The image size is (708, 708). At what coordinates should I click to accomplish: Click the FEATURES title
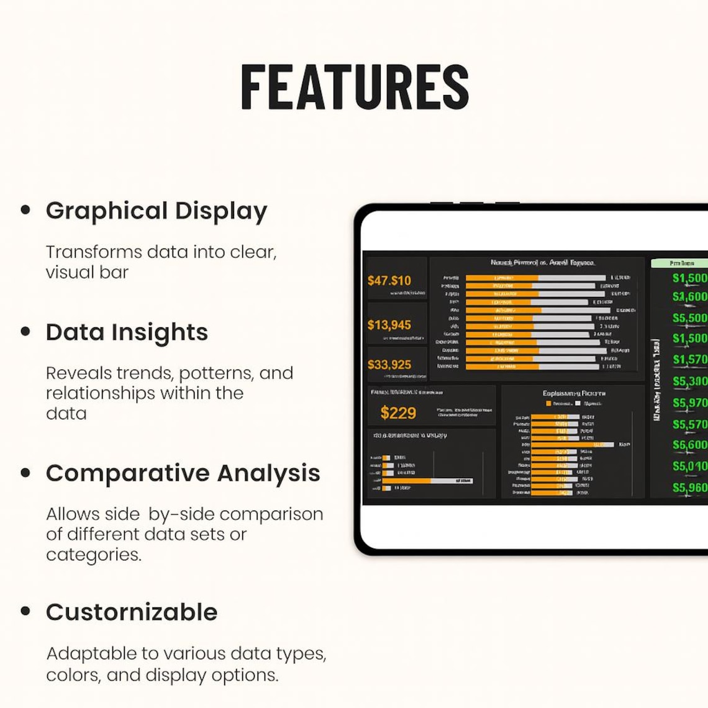point(355,87)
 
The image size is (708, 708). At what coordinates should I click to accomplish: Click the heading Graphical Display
point(157,211)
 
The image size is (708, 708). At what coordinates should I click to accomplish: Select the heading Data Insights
point(127,332)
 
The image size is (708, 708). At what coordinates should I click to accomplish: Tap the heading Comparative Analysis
point(183,473)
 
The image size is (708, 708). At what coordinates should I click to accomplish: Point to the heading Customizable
point(132,612)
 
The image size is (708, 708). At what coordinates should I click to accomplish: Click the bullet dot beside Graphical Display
point(25,210)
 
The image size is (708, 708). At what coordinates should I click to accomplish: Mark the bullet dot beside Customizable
point(25,611)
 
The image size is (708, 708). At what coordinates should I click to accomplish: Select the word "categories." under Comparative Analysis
point(94,555)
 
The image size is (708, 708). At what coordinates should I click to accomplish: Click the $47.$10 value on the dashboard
point(389,281)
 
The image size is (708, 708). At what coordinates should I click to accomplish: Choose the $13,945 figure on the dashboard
point(389,325)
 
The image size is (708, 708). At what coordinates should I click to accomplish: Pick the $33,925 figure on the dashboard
point(389,365)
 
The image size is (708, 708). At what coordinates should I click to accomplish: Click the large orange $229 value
point(398,413)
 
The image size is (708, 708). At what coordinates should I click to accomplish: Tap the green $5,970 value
point(689,403)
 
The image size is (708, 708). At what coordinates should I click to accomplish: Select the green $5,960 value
point(689,488)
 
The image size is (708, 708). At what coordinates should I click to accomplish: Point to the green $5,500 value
point(689,318)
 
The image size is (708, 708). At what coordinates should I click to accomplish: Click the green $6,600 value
point(689,445)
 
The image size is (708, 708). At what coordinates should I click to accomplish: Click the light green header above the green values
point(680,263)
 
